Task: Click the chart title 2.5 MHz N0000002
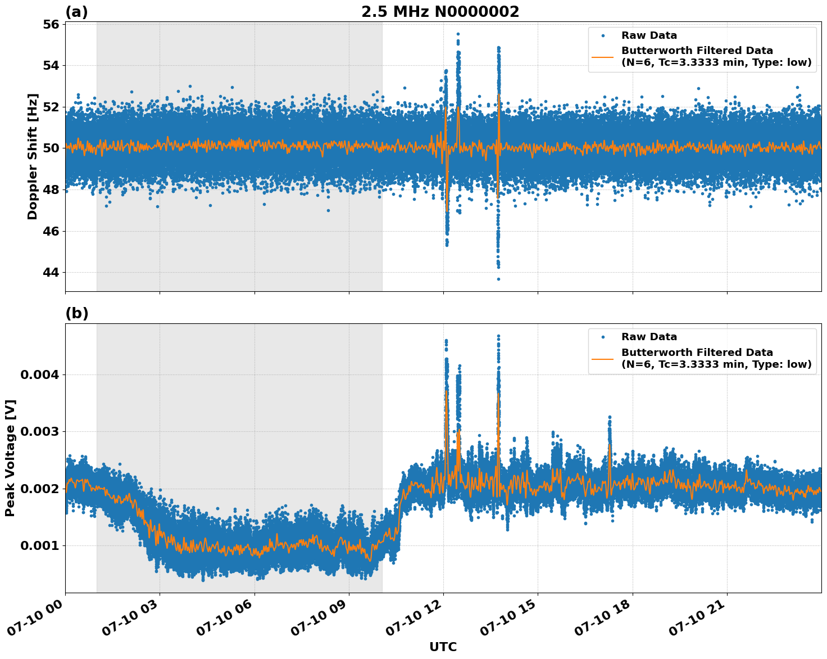point(440,12)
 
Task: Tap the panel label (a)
point(76,12)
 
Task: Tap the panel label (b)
point(76,313)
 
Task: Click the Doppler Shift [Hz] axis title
point(33,156)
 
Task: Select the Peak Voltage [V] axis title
point(10,458)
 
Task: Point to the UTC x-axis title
point(443,647)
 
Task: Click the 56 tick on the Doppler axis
point(51,24)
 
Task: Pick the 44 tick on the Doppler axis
point(51,273)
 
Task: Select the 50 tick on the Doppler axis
point(51,148)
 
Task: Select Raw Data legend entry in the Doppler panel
point(649,35)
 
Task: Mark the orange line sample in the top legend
point(602,57)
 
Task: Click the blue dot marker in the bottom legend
point(602,337)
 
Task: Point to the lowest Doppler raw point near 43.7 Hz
point(498,279)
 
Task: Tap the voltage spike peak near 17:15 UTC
point(610,417)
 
